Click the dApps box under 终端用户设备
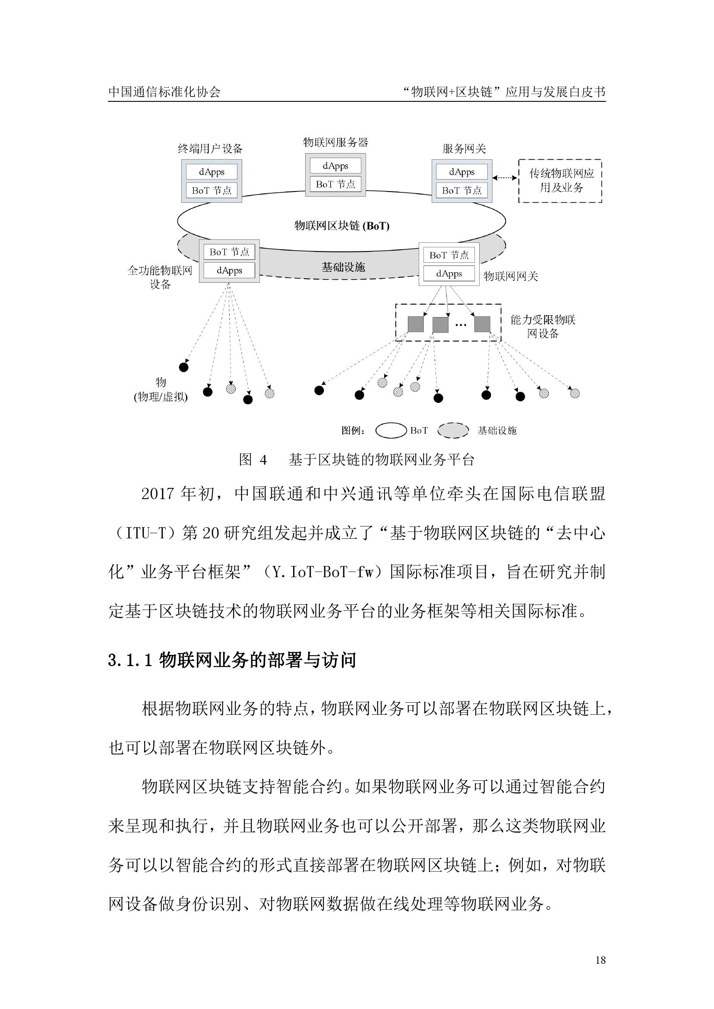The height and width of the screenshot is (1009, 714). [x=212, y=172]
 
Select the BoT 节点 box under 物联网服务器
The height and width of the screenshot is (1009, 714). [x=335, y=184]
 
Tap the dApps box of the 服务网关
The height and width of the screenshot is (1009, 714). [x=461, y=172]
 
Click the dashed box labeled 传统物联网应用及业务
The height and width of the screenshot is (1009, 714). [x=560, y=181]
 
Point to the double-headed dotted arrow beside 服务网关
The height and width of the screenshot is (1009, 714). [x=505, y=178]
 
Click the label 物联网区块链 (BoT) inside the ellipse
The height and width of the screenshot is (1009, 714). [x=341, y=226]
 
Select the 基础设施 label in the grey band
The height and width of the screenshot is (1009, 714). [x=343, y=267]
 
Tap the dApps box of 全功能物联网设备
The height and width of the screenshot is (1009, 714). [x=229, y=270]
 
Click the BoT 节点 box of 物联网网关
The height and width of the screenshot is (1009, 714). [x=449, y=255]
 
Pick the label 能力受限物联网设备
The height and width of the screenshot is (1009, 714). [x=543, y=326]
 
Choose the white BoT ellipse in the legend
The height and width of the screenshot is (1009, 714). [x=391, y=430]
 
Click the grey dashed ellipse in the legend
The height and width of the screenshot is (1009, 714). [x=453, y=430]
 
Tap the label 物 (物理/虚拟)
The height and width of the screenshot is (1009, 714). [x=161, y=390]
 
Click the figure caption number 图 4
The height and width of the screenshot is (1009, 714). [x=253, y=460]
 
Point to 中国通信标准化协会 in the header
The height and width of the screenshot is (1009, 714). [x=164, y=92]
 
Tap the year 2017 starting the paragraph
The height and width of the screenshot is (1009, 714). [x=158, y=494]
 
